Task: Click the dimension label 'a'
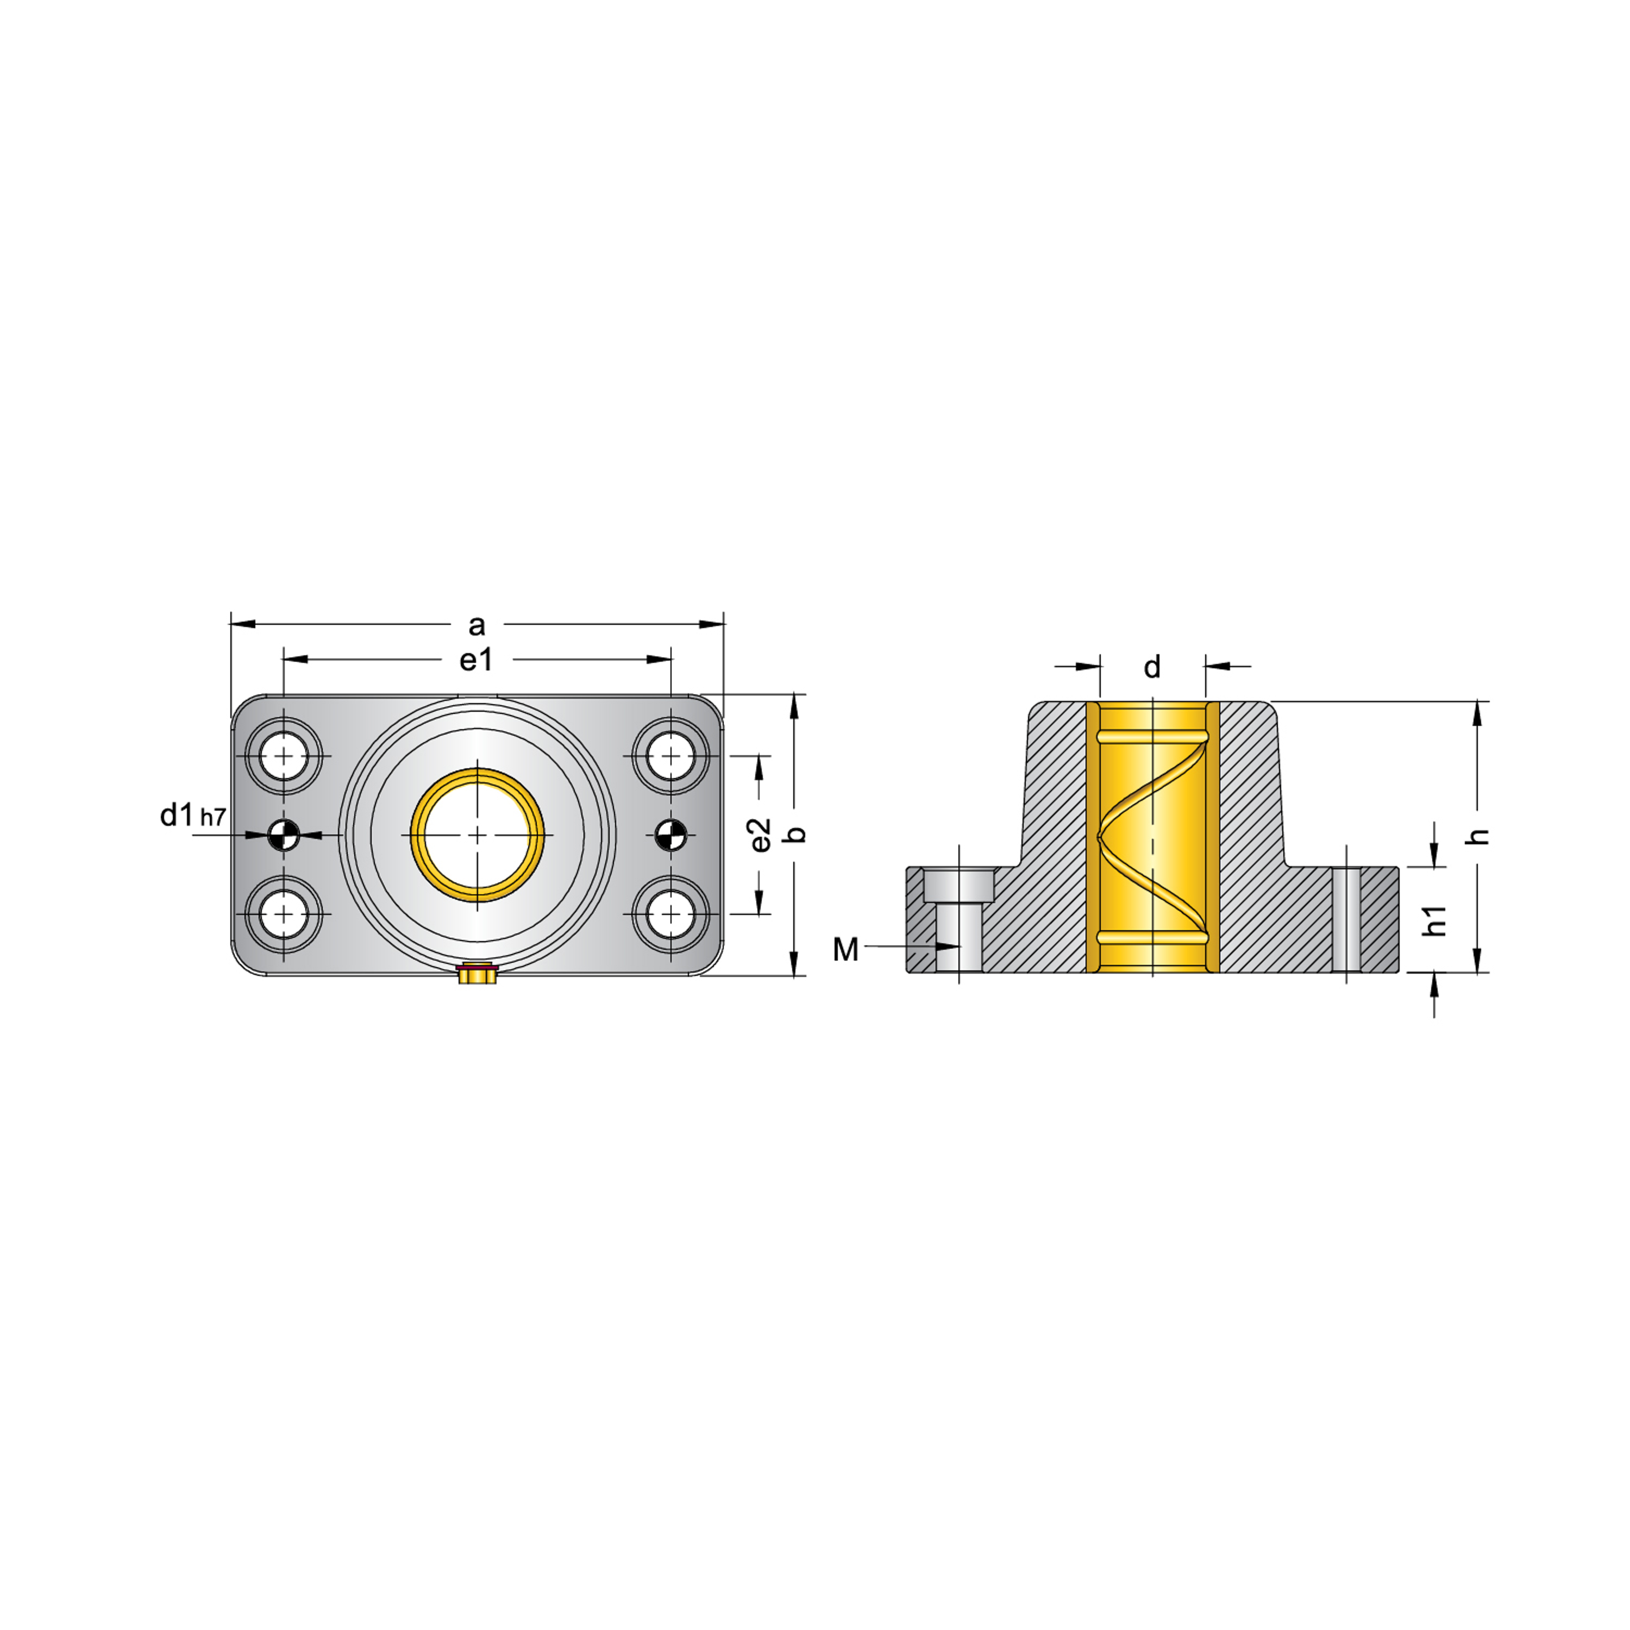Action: coord(477,626)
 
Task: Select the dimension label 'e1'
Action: coord(476,660)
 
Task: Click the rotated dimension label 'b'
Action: coord(795,835)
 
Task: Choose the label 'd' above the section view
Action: coord(1152,667)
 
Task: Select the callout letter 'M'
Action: coord(845,950)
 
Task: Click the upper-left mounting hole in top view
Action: coord(284,755)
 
